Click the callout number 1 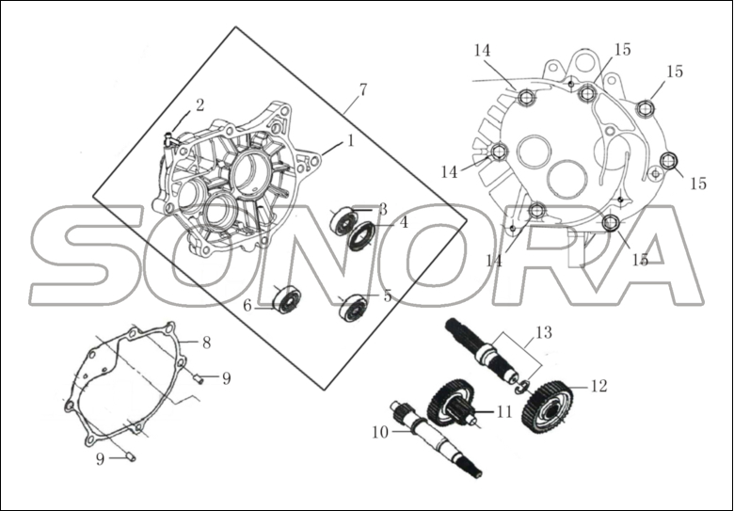pyautogui.click(x=350, y=141)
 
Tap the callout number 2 pyautogui.click(x=199, y=104)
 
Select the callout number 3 pyautogui.click(x=382, y=209)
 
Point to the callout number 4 pyautogui.click(x=403, y=223)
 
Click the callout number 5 pyautogui.click(x=387, y=295)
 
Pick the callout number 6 pyautogui.click(x=247, y=306)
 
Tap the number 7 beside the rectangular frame pyautogui.click(x=362, y=90)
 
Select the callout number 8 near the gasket pyautogui.click(x=206, y=343)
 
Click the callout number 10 pyautogui.click(x=380, y=433)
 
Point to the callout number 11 pyautogui.click(x=504, y=412)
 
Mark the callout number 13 pyautogui.click(x=544, y=332)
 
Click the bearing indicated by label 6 pyautogui.click(x=286, y=300)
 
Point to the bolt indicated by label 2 pyautogui.click(x=170, y=139)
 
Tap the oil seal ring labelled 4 pyautogui.click(x=361, y=234)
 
